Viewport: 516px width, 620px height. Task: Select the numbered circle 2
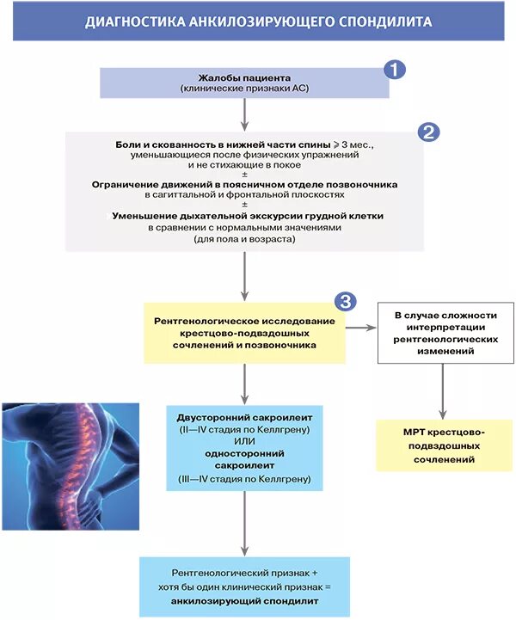[x=428, y=132]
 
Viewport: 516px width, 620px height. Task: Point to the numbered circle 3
[x=345, y=301]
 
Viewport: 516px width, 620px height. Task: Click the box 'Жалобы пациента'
[x=245, y=83]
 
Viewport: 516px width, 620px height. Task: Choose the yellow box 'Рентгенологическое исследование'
[x=244, y=332]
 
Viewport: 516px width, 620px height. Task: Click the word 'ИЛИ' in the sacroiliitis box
[x=245, y=441]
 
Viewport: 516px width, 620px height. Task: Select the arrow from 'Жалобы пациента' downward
[x=245, y=114]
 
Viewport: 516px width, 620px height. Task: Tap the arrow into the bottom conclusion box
[x=245, y=525]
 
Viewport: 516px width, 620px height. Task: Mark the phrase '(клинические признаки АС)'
[x=245, y=89]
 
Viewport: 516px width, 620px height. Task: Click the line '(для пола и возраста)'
[x=245, y=239]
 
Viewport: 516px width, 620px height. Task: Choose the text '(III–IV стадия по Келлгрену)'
[x=245, y=478]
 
